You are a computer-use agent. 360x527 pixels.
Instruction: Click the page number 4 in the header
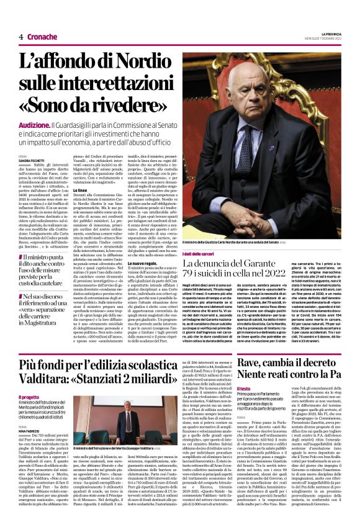tap(20, 37)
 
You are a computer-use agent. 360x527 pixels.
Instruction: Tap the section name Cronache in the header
tap(42, 37)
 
